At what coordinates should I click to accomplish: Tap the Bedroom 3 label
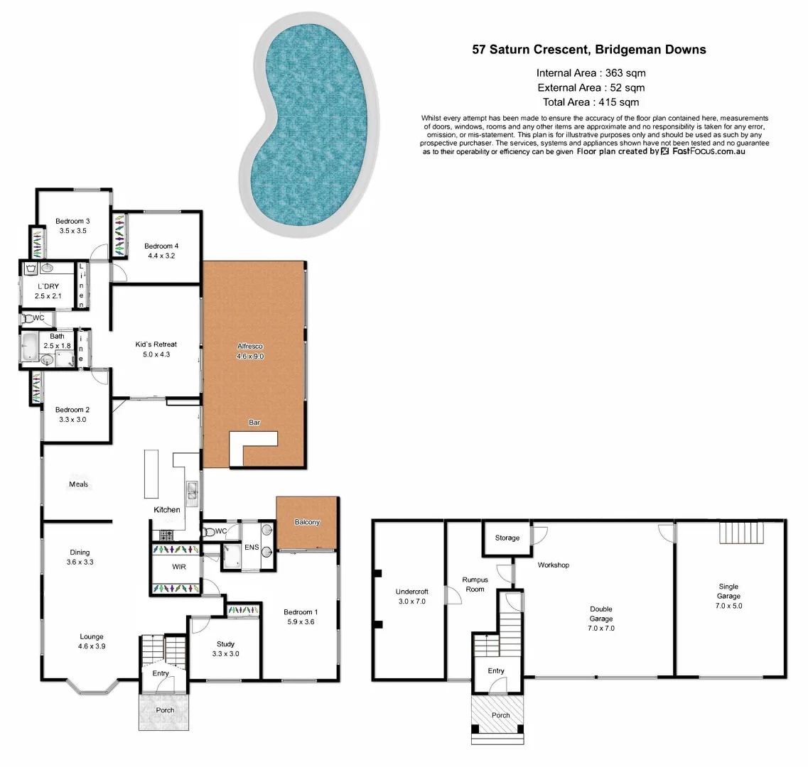coord(72,226)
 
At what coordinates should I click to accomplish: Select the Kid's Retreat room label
coord(156,349)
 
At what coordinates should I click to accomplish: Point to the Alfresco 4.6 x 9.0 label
coord(250,351)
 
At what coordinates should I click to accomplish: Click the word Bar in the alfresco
coord(254,423)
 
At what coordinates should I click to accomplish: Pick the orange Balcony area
coord(306,523)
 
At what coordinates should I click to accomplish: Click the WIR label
coord(179,567)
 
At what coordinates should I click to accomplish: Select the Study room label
coord(225,649)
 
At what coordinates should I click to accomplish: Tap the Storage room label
coord(507,538)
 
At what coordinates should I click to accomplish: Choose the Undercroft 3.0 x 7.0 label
coord(411,596)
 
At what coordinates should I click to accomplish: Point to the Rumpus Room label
coord(475,584)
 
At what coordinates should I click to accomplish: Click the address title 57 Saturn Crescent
coord(589,50)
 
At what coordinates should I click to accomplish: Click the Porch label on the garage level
coord(501,714)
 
